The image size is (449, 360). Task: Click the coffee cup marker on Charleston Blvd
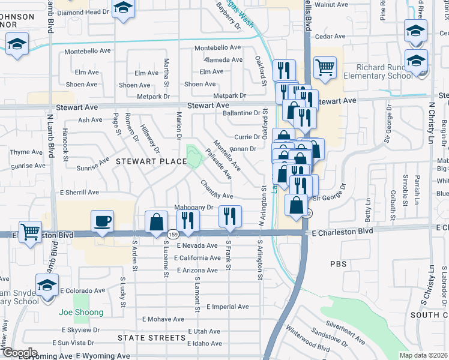coord(102,221)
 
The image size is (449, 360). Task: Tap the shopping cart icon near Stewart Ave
coord(325,67)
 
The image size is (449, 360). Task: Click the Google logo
coord(19,353)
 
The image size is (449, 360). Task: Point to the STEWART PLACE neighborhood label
coord(151,161)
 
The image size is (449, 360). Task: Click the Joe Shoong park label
coord(81,312)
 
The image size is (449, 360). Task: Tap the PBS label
coord(339,264)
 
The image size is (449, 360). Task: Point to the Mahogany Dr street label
coord(194,207)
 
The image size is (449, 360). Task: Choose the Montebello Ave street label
coord(217,47)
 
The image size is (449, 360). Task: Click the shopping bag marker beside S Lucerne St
coord(156,221)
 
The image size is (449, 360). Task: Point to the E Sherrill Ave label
coord(79,192)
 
